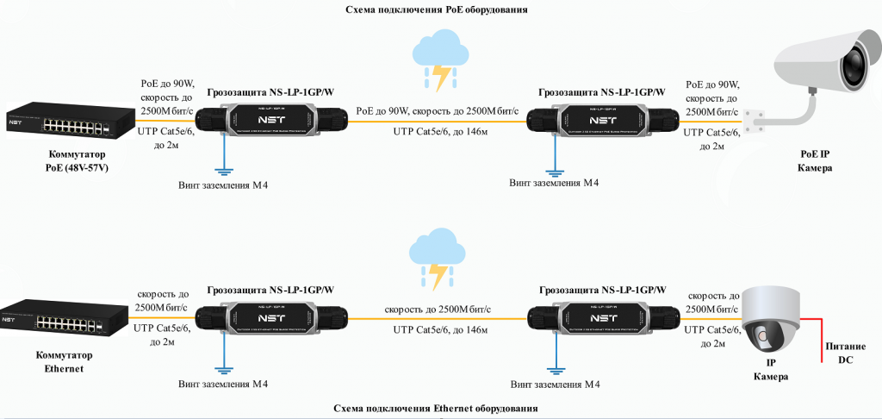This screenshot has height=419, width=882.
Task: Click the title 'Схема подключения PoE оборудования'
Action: (438, 9)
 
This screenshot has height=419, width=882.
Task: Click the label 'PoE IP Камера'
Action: (814, 161)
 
